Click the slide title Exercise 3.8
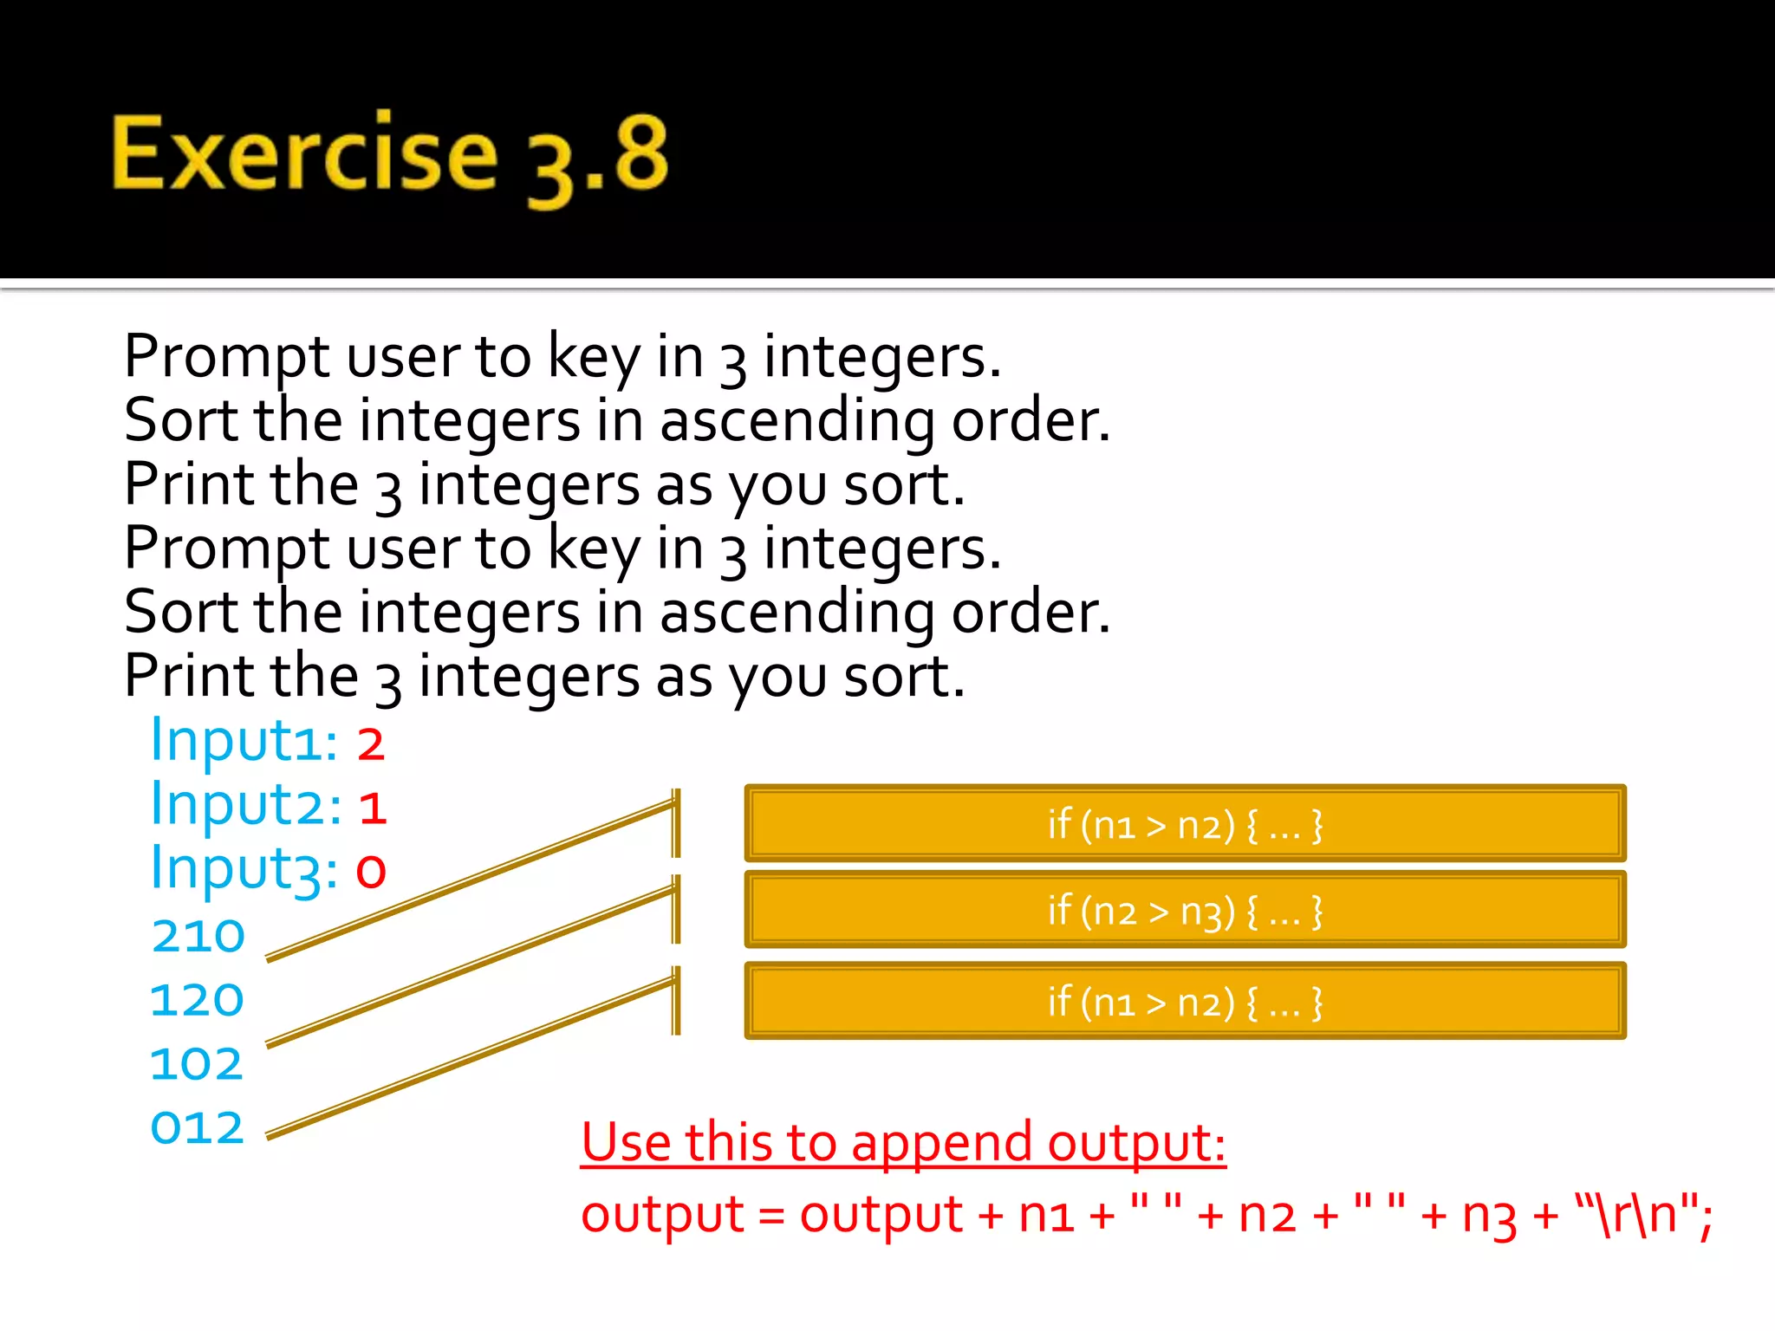point(390,156)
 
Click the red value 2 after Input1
point(371,744)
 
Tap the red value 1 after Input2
point(373,808)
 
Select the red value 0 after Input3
point(371,871)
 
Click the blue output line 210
point(198,937)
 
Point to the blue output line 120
point(198,1000)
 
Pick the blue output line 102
point(197,1064)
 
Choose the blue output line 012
point(198,1128)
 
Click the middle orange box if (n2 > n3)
point(1185,911)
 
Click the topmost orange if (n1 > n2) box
point(1185,824)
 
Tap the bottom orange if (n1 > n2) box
point(1185,1002)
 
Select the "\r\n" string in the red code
point(1636,1214)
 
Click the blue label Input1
point(243,742)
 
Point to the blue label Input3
point(243,869)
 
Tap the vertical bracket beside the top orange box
point(676,823)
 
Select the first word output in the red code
point(662,1215)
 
